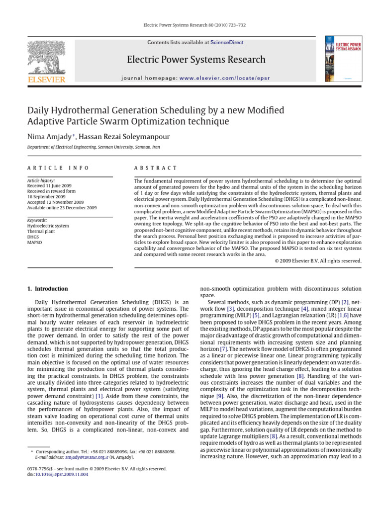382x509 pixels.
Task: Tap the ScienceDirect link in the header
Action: tap(227, 43)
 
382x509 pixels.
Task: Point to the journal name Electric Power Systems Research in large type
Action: tap(196, 60)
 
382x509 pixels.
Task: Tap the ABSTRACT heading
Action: tap(156, 169)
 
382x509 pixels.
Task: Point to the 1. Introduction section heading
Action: tap(47, 289)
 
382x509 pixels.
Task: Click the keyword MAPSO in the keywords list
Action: tap(34, 243)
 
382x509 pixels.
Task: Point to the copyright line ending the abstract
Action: tap(318, 260)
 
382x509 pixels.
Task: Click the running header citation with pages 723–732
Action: tap(191, 24)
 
